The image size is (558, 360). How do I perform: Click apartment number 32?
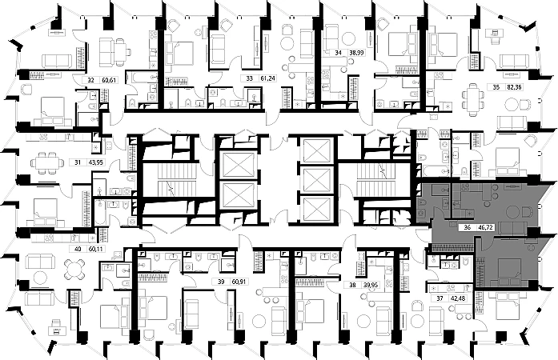[90, 80]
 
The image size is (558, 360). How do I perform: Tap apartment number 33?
[251, 79]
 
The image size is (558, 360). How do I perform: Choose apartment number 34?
[338, 54]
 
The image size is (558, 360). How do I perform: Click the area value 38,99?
[356, 54]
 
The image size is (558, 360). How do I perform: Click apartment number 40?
[78, 250]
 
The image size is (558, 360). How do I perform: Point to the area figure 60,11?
[97, 250]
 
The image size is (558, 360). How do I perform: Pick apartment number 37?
[439, 298]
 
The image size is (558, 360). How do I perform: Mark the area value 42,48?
[457, 298]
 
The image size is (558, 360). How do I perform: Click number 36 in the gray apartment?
[467, 227]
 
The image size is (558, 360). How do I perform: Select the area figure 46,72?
[486, 227]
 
